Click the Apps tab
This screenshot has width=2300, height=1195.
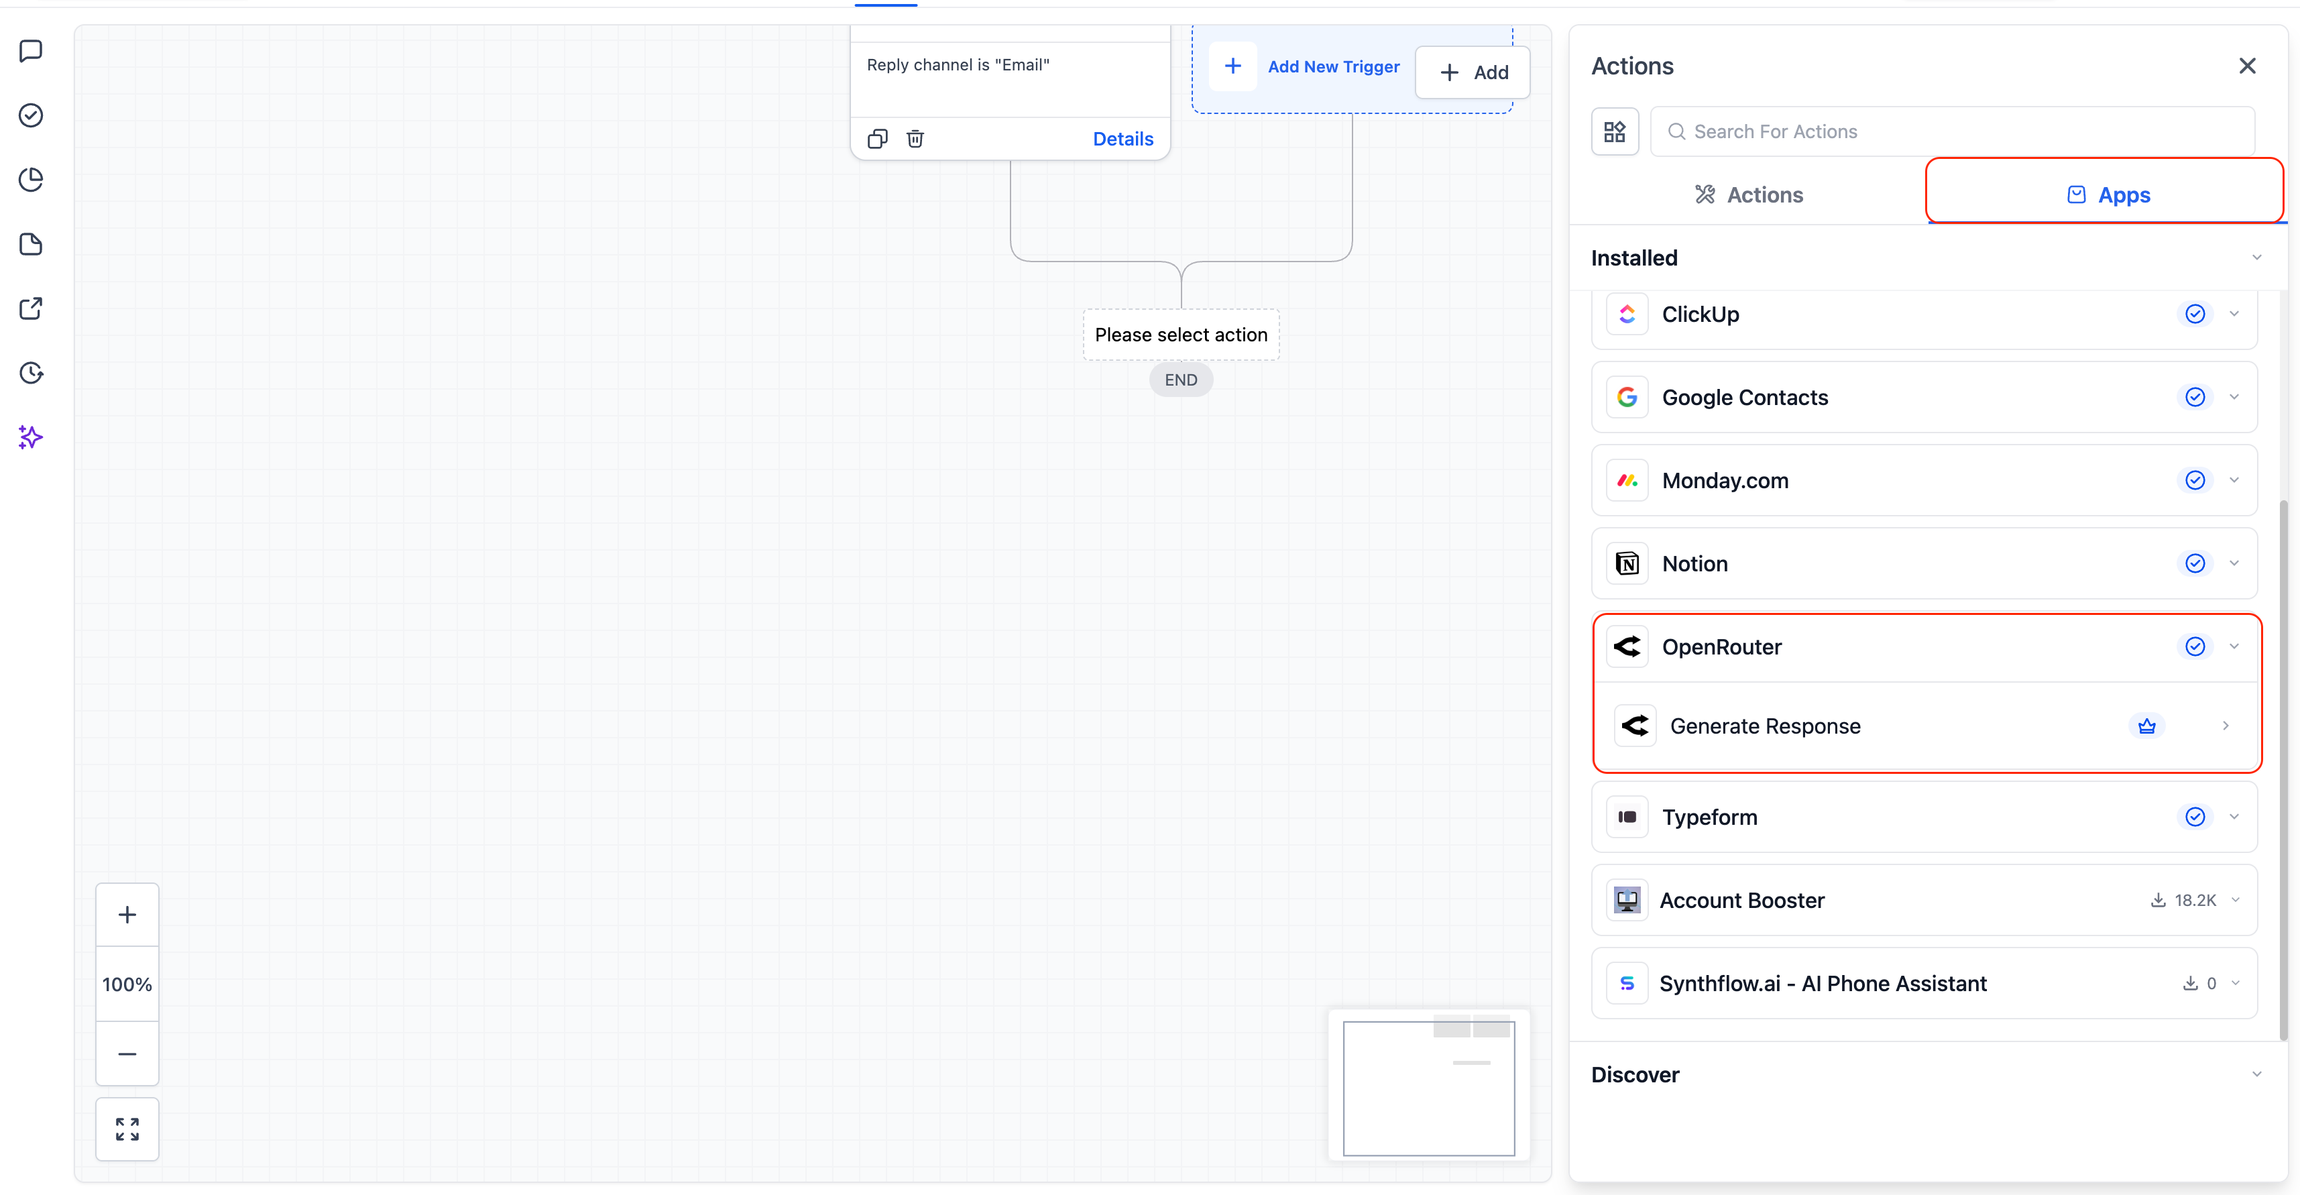coord(2108,194)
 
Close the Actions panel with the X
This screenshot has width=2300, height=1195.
coord(2246,66)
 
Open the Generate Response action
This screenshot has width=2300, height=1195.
coord(1765,726)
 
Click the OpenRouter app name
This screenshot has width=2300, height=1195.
coord(1721,646)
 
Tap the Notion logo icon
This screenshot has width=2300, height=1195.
coord(1627,563)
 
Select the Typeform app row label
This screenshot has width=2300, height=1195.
coord(1709,817)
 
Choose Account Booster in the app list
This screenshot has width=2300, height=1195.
coord(1741,900)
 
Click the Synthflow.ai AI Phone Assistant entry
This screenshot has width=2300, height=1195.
coord(1823,983)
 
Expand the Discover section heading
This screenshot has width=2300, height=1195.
coord(1635,1074)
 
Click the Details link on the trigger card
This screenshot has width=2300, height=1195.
coord(1123,138)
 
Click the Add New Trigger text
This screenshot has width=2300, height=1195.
coord(1333,67)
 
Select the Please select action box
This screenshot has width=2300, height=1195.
coord(1180,335)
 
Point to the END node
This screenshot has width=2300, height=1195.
coord(1180,380)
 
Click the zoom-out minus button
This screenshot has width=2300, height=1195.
coord(127,1054)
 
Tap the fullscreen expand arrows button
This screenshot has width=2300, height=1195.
coord(127,1129)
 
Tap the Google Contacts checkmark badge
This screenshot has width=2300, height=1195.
coord(2195,398)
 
